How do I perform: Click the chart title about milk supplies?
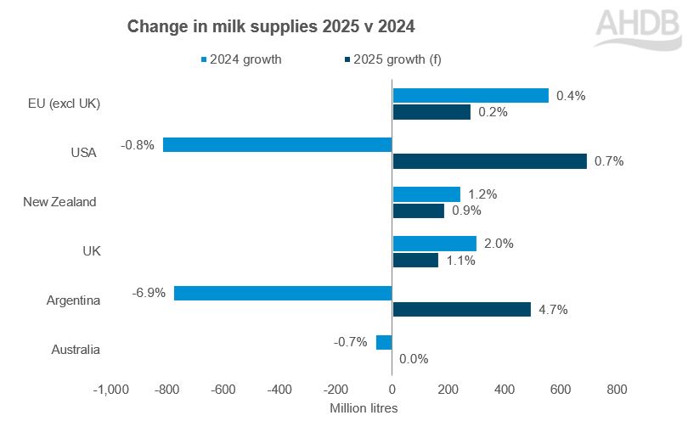pyautogui.click(x=271, y=27)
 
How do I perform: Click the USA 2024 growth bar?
pyautogui.click(x=277, y=145)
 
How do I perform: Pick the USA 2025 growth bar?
pyautogui.click(x=489, y=161)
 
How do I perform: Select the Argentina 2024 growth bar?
pyautogui.click(x=283, y=293)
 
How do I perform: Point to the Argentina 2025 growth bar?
pyautogui.click(x=461, y=309)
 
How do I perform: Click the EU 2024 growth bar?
pyautogui.click(x=471, y=96)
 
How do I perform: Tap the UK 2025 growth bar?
pyautogui.click(x=415, y=260)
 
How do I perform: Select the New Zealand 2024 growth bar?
pyautogui.click(x=426, y=194)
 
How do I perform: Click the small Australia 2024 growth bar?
pyautogui.click(x=384, y=342)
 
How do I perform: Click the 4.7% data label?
pyautogui.click(x=553, y=310)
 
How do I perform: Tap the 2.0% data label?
pyautogui.click(x=499, y=244)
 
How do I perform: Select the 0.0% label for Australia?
pyautogui.click(x=414, y=359)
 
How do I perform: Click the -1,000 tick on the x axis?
pyautogui.click(x=110, y=390)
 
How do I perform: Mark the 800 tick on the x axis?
pyautogui.click(x=617, y=390)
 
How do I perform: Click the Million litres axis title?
pyautogui.click(x=364, y=407)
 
